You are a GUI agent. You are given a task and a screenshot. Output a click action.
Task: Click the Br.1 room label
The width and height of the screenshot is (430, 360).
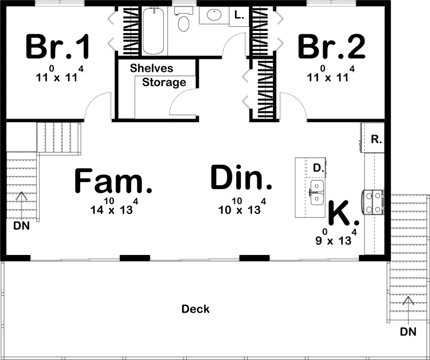[58, 46]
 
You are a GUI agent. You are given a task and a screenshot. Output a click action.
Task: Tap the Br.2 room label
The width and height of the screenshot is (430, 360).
[332, 46]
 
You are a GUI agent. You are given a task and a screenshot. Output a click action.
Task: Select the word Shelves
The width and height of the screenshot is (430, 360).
[151, 68]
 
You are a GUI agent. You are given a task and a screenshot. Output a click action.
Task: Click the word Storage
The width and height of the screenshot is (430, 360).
[164, 82]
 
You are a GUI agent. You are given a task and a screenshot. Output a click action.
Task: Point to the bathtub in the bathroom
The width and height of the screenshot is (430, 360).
[153, 31]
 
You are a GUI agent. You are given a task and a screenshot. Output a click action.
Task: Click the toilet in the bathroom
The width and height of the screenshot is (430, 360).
[183, 20]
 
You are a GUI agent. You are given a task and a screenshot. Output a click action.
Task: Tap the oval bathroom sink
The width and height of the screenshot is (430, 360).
[214, 15]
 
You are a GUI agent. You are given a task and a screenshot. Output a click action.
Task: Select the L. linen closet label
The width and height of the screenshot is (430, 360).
[239, 15]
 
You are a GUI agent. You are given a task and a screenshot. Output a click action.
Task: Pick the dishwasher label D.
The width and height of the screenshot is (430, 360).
[318, 168]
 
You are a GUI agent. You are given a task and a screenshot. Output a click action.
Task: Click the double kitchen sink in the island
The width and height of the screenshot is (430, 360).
[317, 192]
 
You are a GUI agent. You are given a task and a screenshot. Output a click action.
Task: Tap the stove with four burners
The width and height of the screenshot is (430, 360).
[374, 203]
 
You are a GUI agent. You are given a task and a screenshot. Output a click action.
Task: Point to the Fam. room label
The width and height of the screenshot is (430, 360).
[113, 180]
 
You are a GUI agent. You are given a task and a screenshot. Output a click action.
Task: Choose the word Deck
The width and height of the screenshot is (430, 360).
[196, 309]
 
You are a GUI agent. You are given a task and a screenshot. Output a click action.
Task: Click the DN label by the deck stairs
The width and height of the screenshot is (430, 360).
[408, 332]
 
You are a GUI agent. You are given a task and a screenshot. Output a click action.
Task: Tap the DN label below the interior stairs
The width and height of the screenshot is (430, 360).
[21, 225]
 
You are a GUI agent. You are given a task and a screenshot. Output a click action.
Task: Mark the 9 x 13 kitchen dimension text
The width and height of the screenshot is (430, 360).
[336, 238]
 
